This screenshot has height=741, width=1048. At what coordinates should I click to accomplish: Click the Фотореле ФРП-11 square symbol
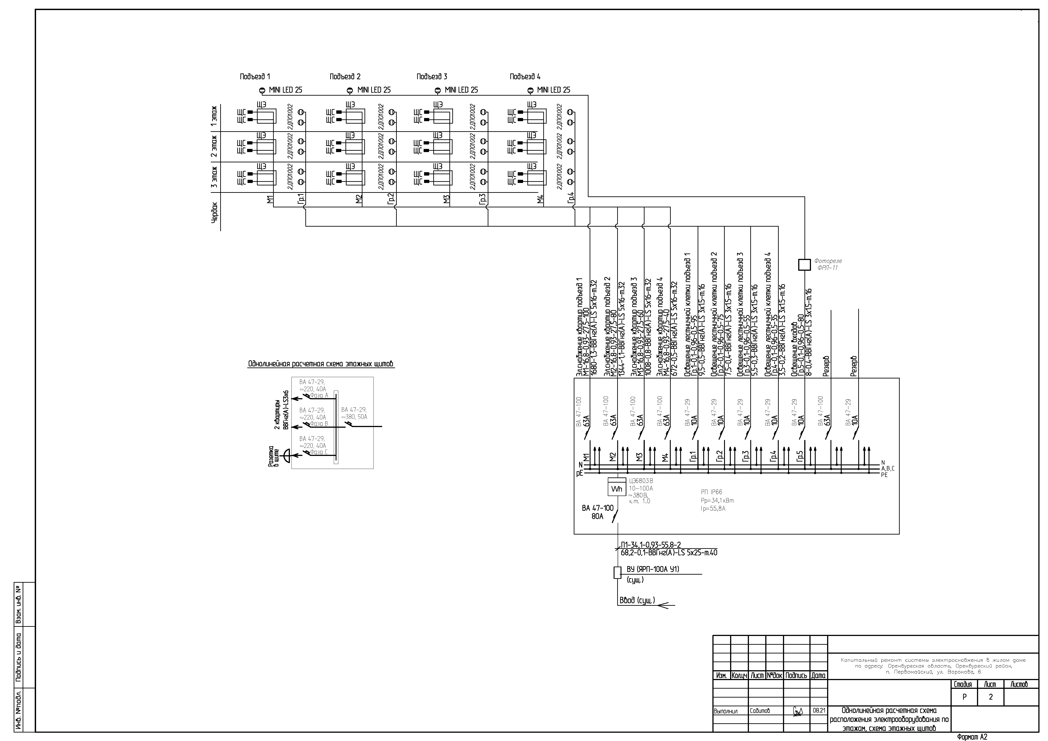point(804,265)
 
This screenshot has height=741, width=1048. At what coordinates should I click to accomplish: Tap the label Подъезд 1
point(255,77)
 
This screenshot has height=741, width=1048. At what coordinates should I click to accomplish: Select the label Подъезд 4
point(525,77)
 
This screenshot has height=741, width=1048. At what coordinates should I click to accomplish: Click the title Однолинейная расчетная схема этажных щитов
point(320,364)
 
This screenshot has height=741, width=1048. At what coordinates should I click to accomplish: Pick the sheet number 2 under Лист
point(990,697)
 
